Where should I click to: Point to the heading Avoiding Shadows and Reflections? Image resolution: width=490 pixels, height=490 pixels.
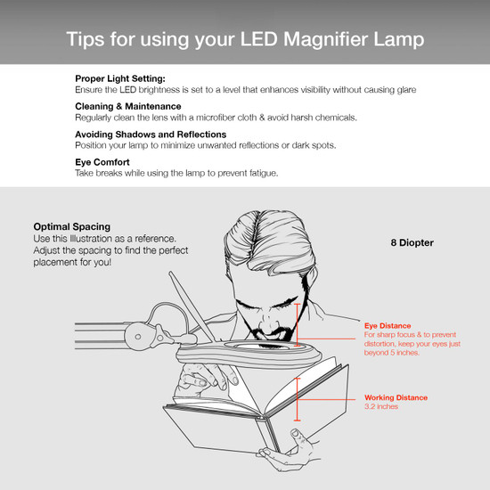[151, 134]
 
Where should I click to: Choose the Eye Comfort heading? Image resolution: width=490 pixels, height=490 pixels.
[103, 161]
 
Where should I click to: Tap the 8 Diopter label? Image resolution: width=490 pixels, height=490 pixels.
[412, 241]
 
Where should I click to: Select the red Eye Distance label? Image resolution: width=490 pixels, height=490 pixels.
[385, 327]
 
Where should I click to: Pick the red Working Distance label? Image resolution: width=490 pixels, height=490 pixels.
[396, 397]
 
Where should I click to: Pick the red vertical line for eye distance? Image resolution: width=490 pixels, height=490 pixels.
[298, 325]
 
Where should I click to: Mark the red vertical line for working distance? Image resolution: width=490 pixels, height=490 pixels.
[298, 396]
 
